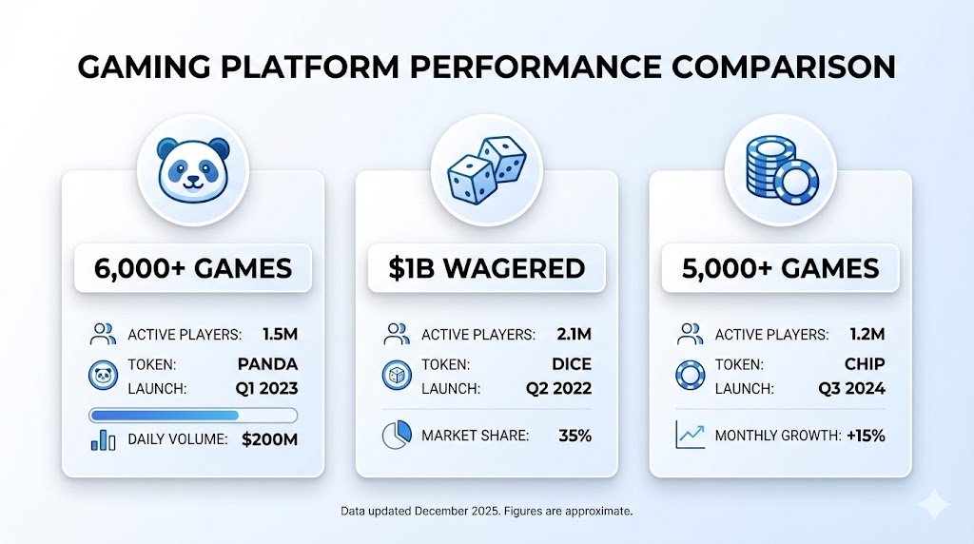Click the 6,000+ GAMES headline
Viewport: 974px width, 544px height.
193,268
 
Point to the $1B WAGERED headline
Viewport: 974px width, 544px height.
486,268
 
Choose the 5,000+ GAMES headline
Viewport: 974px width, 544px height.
780,268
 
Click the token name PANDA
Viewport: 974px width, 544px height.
268,363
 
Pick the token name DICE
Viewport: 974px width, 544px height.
571,363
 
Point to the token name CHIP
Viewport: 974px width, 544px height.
864,363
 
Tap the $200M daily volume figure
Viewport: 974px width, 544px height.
270,440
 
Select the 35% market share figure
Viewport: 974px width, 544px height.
575,436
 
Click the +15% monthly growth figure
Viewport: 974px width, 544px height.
866,436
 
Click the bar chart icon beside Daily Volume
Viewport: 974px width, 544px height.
102,440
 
